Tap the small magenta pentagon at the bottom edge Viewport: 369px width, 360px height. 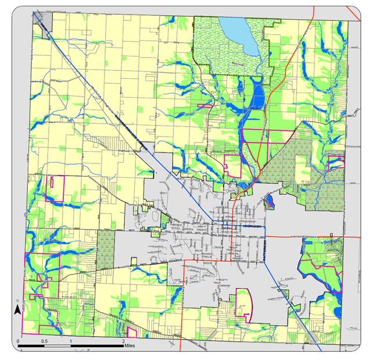132,333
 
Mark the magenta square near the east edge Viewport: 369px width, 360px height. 335,161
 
